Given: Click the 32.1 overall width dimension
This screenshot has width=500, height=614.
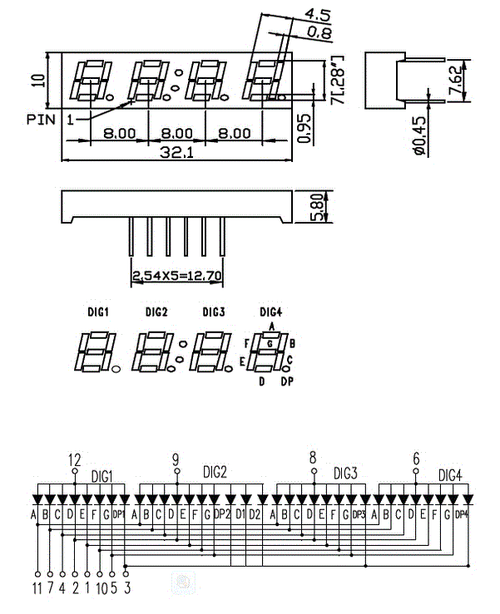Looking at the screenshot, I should point(176,153).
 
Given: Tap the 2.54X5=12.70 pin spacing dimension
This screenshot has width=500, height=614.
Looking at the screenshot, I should point(177,273).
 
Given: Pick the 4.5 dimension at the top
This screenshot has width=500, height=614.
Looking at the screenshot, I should point(318,14).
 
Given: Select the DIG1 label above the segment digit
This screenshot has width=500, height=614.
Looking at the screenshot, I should point(99,312).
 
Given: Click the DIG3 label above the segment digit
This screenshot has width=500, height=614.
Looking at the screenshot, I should point(214,312).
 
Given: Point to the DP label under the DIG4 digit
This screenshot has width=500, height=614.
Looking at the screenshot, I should point(286,381).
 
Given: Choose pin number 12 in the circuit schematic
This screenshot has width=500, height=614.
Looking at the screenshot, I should point(75,459).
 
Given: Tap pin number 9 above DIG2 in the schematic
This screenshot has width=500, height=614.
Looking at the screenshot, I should point(176,459).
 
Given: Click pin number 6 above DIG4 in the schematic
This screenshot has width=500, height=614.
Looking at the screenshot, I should point(416,459).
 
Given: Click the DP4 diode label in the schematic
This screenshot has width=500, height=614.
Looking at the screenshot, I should point(462,514).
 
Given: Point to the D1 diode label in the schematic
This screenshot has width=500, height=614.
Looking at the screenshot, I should point(240,514).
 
